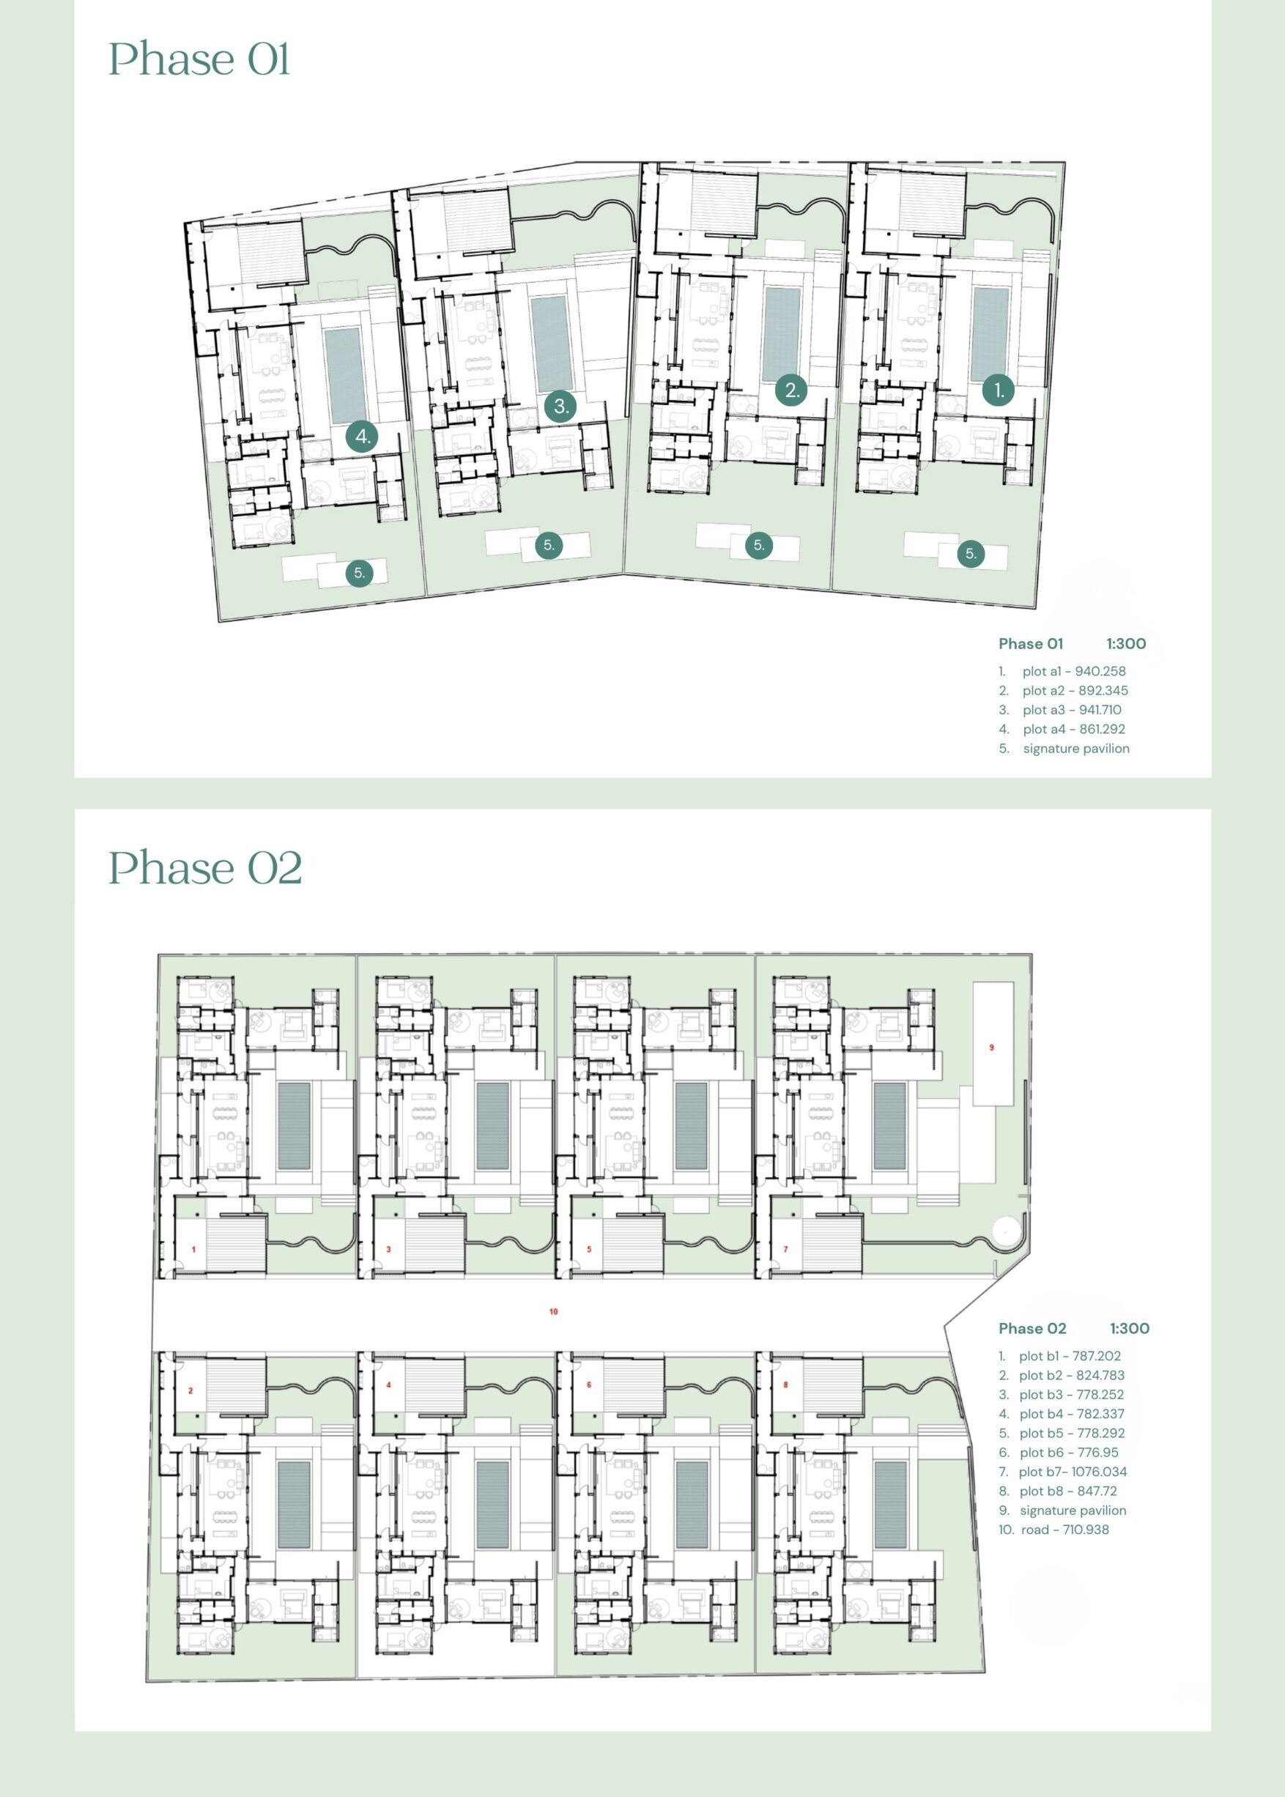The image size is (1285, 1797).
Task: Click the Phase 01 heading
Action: coord(199,59)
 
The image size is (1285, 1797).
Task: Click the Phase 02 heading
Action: coord(205,868)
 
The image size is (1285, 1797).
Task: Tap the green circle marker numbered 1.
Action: coord(999,390)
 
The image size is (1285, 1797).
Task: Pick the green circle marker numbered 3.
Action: coord(561,407)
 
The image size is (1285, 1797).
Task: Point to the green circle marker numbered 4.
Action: coord(363,436)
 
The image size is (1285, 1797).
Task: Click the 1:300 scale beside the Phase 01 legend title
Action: coord(1126,643)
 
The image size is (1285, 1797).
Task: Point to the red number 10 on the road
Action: coord(553,1311)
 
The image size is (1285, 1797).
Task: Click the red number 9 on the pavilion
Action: coord(991,1048)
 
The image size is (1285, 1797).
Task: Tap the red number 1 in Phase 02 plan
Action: coord(194,1250)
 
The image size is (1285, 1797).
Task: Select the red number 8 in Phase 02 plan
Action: coord(785,1385)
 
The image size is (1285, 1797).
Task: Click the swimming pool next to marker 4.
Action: coord(343,375)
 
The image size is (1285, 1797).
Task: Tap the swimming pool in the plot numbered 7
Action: coord(889,1126)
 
